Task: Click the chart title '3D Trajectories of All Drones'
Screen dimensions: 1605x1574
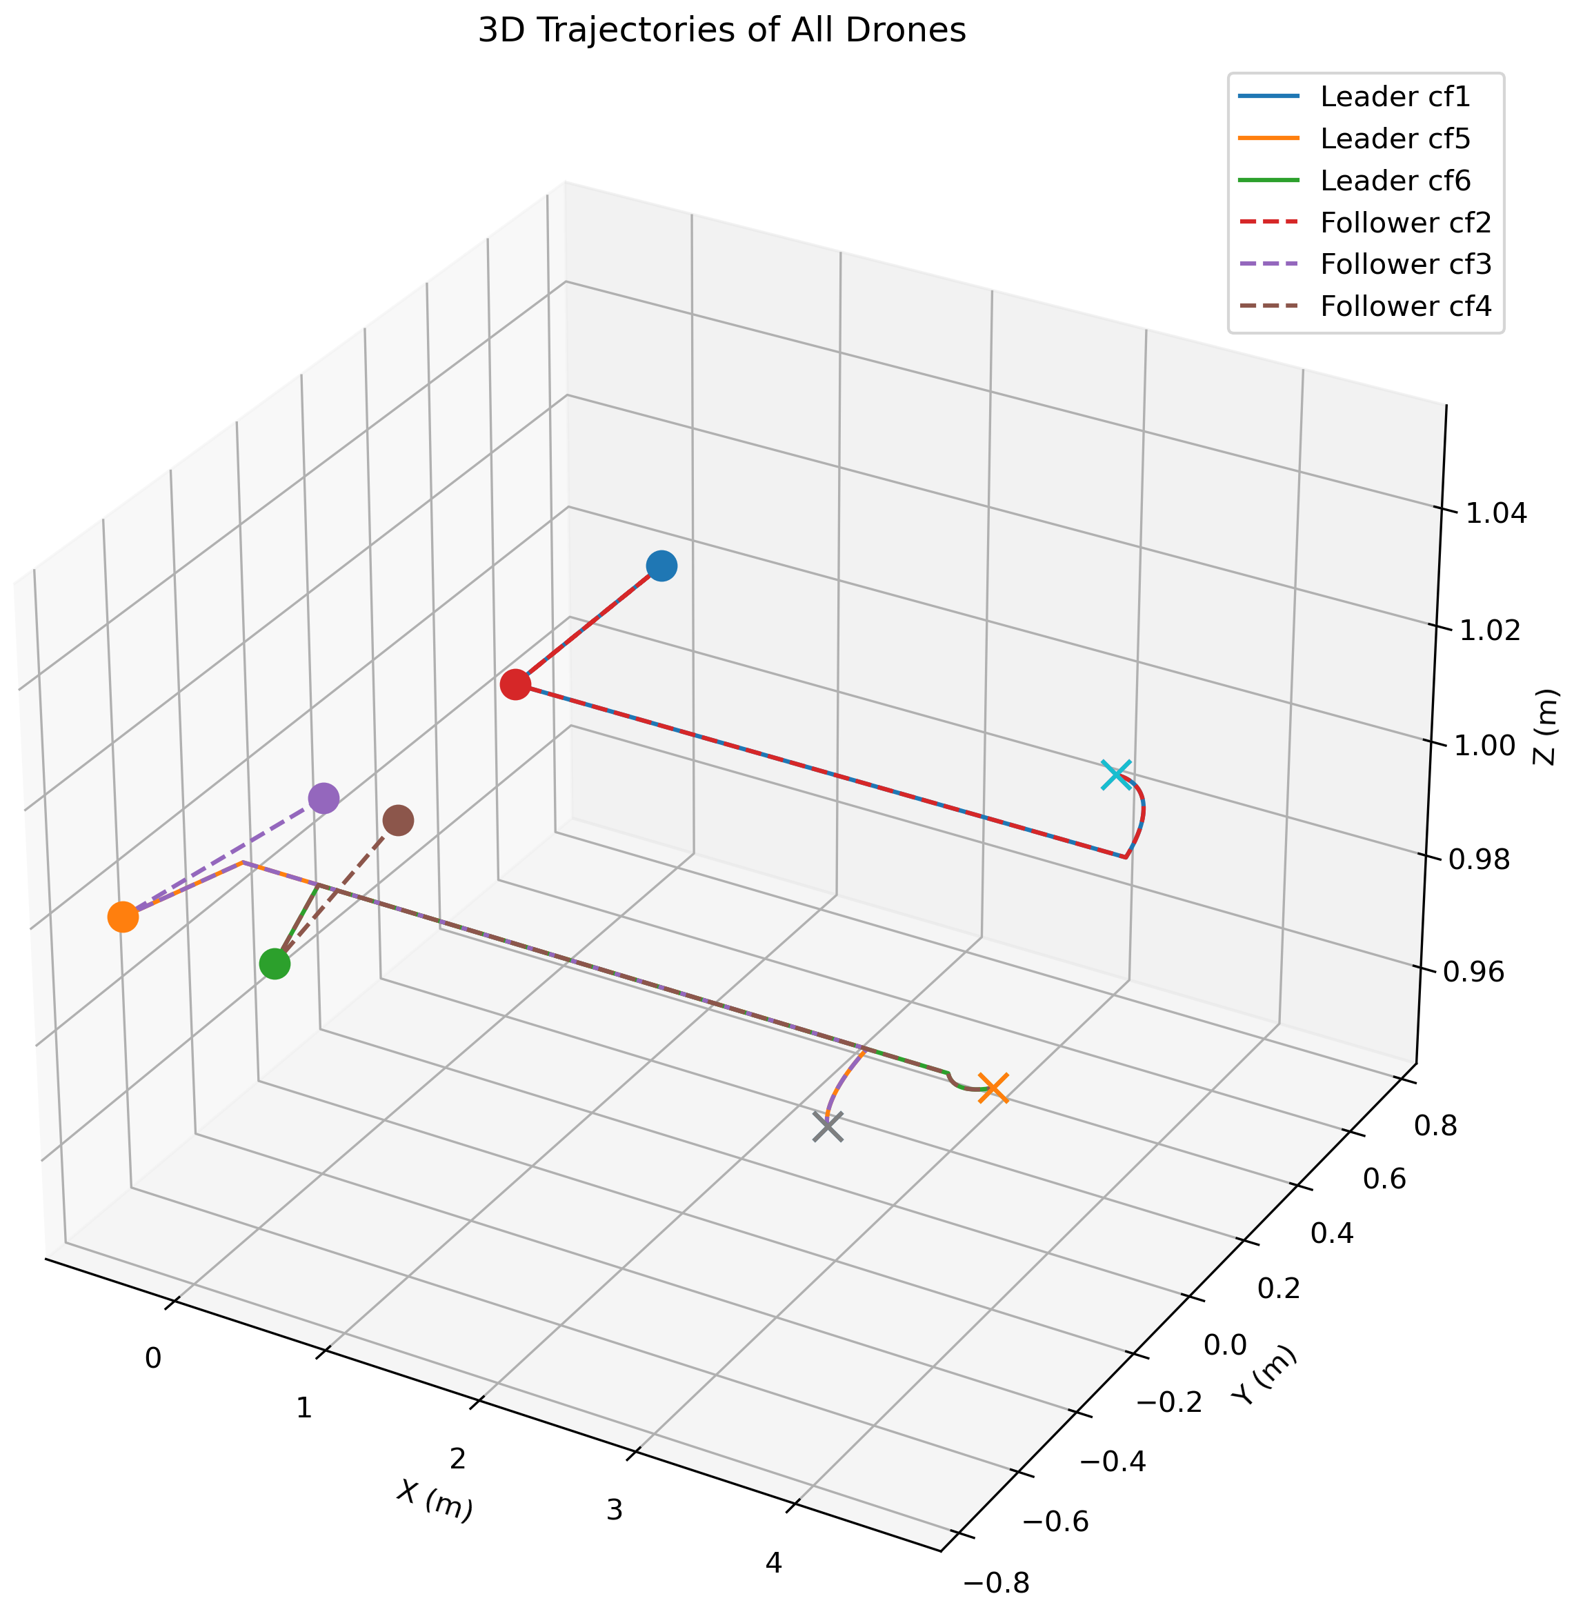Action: click(721, 30)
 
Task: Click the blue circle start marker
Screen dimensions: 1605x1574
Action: click(661, 566)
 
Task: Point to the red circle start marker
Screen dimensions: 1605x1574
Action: click(516, 685)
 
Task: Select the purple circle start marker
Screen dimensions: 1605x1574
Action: click(323, 799)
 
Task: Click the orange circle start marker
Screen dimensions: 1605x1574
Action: click(122, 917)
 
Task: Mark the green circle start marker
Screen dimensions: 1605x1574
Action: click(275, 964)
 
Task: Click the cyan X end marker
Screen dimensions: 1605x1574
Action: click(1115, 775)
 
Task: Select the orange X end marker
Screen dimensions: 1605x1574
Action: click(993, 1088)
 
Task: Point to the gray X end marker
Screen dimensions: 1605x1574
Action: click(828, 1127)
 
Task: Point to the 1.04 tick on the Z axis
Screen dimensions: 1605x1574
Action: click(1496, 513)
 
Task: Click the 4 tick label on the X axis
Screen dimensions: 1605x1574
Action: click(773, 1563)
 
